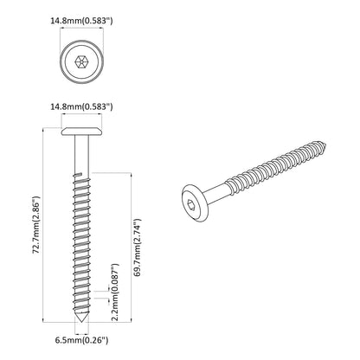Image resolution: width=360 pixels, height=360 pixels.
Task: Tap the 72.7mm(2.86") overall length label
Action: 36,225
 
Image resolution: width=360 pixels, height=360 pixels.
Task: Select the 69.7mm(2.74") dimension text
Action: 138,247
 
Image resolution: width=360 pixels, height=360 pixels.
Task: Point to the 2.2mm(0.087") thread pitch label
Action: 115,292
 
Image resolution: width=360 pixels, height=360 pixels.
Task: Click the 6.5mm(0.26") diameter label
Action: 82,340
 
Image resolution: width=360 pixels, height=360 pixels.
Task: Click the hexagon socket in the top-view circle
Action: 81,61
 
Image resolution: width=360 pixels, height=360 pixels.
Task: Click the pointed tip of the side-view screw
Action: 82,322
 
